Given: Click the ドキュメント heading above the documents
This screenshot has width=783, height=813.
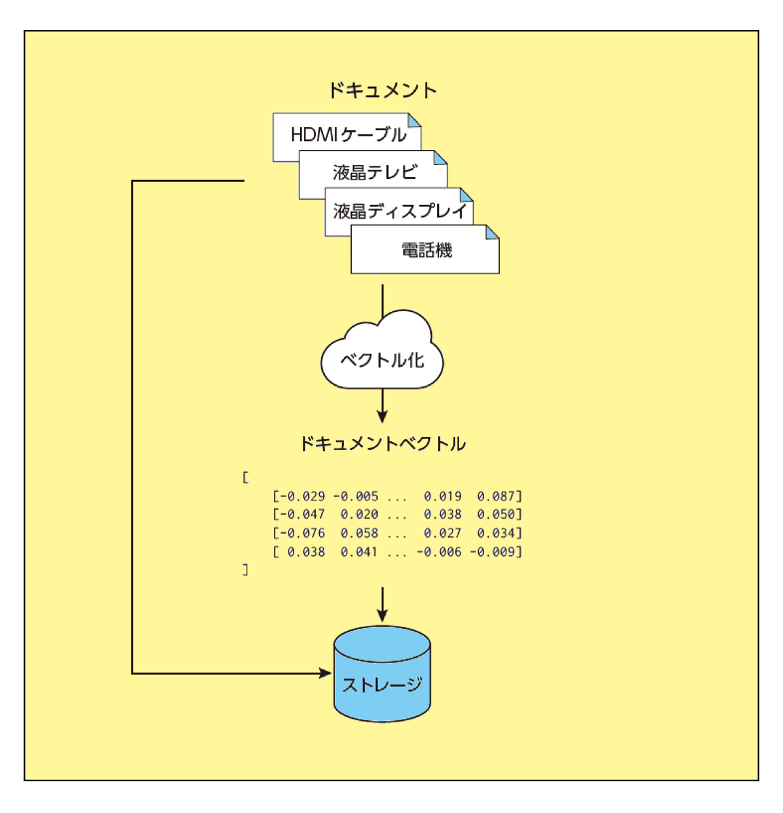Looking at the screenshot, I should (382, 91).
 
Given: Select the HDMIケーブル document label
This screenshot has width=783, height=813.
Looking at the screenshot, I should (348, 135).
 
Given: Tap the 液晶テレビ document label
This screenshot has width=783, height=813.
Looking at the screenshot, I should (375, 172).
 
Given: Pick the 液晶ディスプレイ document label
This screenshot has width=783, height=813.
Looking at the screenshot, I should (400, 211).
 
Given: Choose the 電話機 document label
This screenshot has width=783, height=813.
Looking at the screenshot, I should (426, 251).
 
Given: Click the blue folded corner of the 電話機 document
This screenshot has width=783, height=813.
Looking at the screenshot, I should (493, 232).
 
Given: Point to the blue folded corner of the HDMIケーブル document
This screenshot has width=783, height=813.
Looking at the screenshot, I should (415, 120).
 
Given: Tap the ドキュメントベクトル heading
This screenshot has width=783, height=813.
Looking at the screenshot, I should (382, 444).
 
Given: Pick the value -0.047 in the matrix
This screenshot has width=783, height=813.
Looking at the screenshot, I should (301, 515).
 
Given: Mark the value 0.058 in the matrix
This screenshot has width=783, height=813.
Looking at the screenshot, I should (359, 533).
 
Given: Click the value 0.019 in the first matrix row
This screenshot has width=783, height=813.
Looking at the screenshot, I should (442, 497).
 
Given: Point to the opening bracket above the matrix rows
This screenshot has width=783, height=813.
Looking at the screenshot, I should (245, 478).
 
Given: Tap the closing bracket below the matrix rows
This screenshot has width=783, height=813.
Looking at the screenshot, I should (245, 570).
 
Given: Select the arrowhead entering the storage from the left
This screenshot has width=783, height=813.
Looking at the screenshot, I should (326, 673).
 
